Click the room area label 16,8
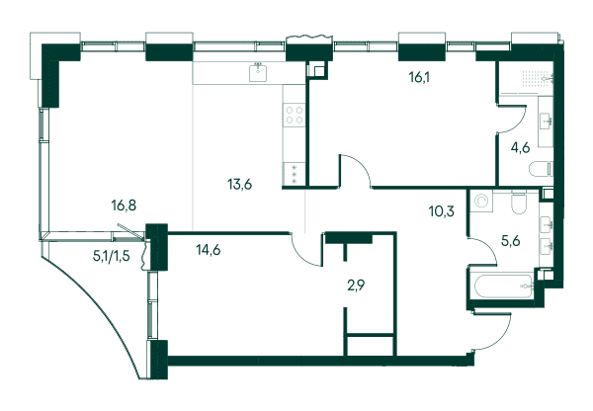[124, 205]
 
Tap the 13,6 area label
[240, 185]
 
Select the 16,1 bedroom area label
[420, 77]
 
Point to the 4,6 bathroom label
[520, 147]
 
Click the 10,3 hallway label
[442, 211]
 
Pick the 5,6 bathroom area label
[510, 240]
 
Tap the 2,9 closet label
[356, 286]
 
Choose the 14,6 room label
[209, 250]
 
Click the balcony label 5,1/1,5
[111, 256]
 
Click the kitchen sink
[258, 72]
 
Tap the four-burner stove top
[295, 116]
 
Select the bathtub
[501, 288]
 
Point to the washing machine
[481, 201]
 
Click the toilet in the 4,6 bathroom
[541, 169]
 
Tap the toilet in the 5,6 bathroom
[519, 203]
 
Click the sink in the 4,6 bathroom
[546, 121]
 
